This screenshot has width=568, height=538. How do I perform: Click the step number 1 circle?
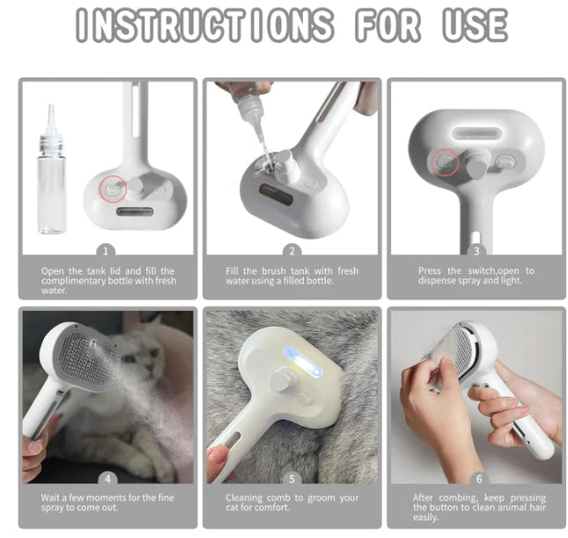coord(107,251)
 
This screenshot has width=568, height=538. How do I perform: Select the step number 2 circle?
coord(291,251)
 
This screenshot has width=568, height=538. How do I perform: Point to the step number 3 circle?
coord(476,251)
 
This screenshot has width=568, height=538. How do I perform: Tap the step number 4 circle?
coord(107,479)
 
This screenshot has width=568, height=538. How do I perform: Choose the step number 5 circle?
coord(291,479)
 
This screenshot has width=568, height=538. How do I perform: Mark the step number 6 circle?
coord(476,479)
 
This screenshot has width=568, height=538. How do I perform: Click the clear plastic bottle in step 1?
coord(51,181)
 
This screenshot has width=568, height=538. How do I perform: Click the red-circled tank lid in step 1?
coord(111,187)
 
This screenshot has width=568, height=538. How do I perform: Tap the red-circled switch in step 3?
coord(446,161)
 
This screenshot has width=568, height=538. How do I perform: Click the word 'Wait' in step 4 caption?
coord(51,498)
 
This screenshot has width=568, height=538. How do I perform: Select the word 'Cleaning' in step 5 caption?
coord(243,498)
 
